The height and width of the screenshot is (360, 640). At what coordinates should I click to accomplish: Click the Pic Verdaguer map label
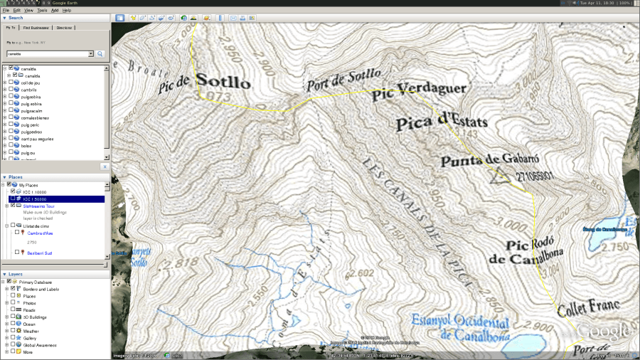click(420, 89)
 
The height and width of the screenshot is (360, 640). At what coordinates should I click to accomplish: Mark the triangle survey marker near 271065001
click(496, 176)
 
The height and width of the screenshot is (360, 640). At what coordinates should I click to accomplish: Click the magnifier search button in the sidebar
click(100, 53)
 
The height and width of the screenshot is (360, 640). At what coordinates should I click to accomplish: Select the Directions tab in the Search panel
click(64, 28)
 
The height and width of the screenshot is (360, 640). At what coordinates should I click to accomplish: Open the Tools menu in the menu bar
click(42, 11)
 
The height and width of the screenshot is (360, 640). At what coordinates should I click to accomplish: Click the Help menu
click(67, 11)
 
